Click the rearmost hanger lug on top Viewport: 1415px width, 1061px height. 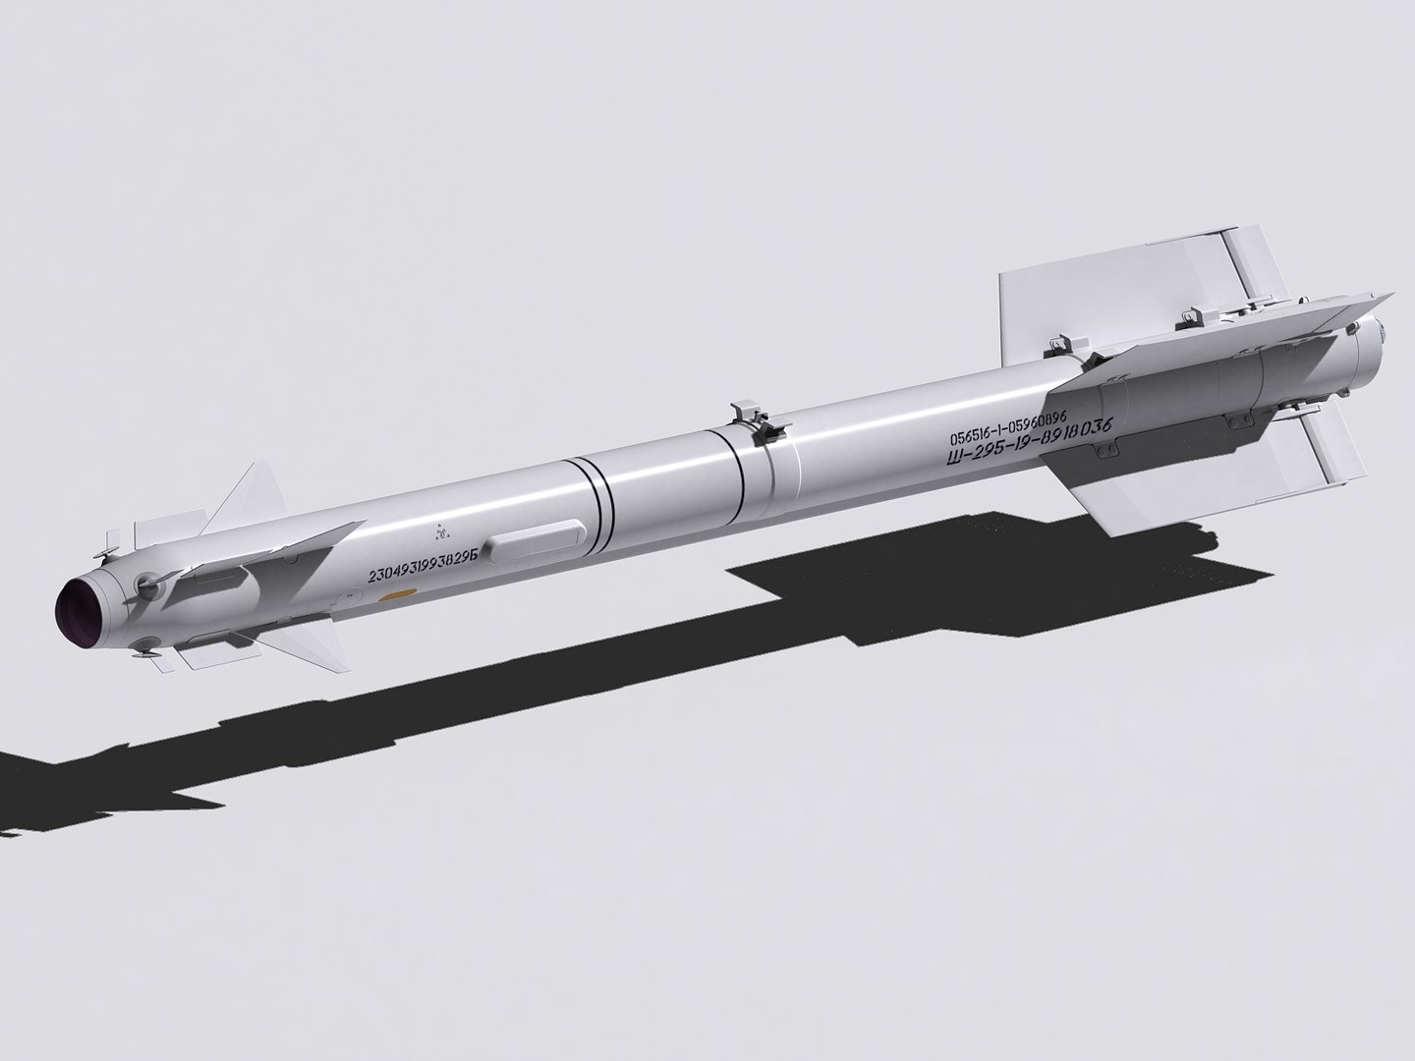click(x=1191, y=316)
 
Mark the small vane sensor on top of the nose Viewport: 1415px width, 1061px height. click(x=118, y=539)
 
